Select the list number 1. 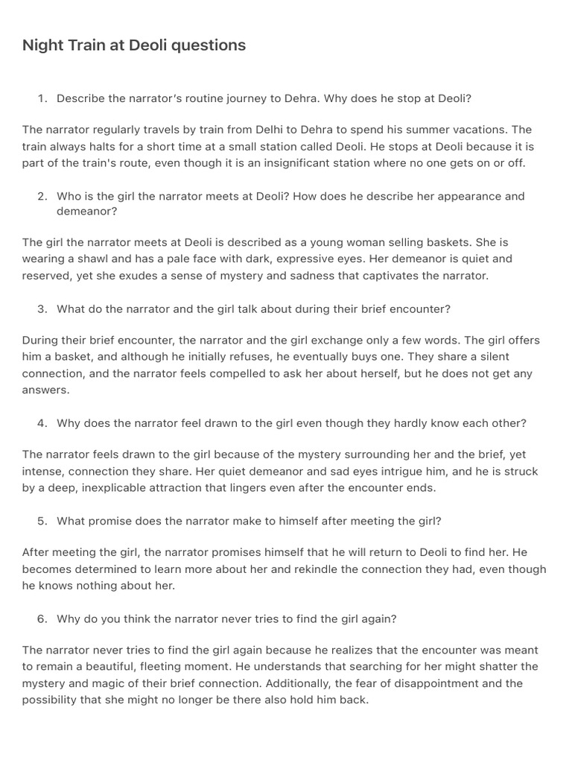click(x=42, y=98)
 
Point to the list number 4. click(x=42, y=423)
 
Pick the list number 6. click(x=42, y=618)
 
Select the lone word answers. click(x=45, y=390)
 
